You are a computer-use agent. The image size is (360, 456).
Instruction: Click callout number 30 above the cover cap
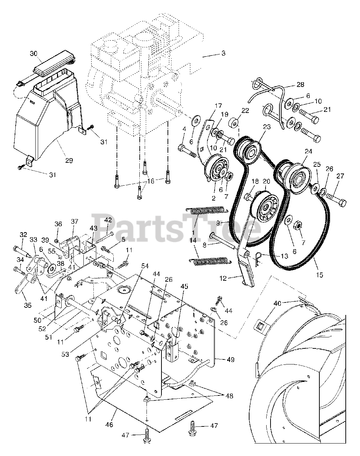(33, 53)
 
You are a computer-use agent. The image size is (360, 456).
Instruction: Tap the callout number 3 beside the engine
(223, 53)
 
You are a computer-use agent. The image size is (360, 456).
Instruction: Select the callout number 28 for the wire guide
(300, 84)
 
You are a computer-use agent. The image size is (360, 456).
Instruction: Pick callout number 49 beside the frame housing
(231, 360)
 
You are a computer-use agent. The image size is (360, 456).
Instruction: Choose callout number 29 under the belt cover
(69, 161)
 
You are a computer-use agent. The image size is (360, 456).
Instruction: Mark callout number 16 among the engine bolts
(150, 181)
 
